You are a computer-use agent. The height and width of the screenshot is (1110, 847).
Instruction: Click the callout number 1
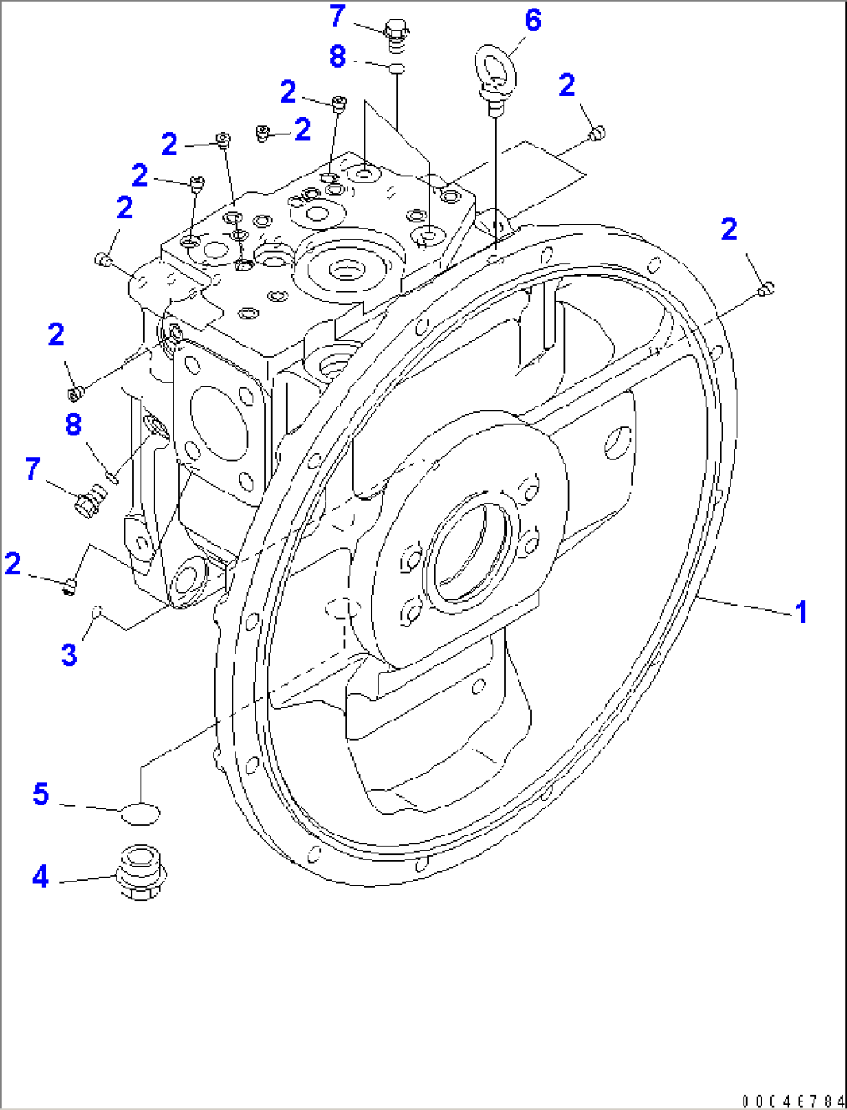pos(800,613)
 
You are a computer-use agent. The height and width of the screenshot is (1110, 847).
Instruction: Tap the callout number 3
pos(69,654)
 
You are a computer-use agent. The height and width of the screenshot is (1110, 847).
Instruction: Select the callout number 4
pos(40,877)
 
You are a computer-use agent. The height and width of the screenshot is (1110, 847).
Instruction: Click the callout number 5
pos(40,794)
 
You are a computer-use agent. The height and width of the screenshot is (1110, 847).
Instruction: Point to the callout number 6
pos(532,20)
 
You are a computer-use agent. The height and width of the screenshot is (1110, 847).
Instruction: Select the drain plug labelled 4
pos(140,872)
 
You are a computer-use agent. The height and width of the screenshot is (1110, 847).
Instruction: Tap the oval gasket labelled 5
pos(141,815)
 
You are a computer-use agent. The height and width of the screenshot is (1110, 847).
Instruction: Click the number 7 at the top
pos(336,16)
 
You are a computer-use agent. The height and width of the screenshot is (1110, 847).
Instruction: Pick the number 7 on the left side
pos(32,469)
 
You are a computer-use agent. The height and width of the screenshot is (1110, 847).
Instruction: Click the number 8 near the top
pos(337,57)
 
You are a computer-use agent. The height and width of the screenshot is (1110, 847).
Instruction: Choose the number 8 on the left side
pos(73,424)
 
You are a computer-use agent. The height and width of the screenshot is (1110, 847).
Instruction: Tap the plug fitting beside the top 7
pos(396,37)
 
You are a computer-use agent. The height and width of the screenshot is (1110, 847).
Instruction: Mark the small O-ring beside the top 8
pos(396,68)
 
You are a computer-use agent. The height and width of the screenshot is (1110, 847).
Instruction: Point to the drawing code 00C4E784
pos(791,1100)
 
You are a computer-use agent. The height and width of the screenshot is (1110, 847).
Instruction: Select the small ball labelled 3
pos(96,612)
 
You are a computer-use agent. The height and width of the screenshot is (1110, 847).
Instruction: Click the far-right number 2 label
pos(728,230)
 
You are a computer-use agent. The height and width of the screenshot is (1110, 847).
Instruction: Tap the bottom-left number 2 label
pos(13,564)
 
